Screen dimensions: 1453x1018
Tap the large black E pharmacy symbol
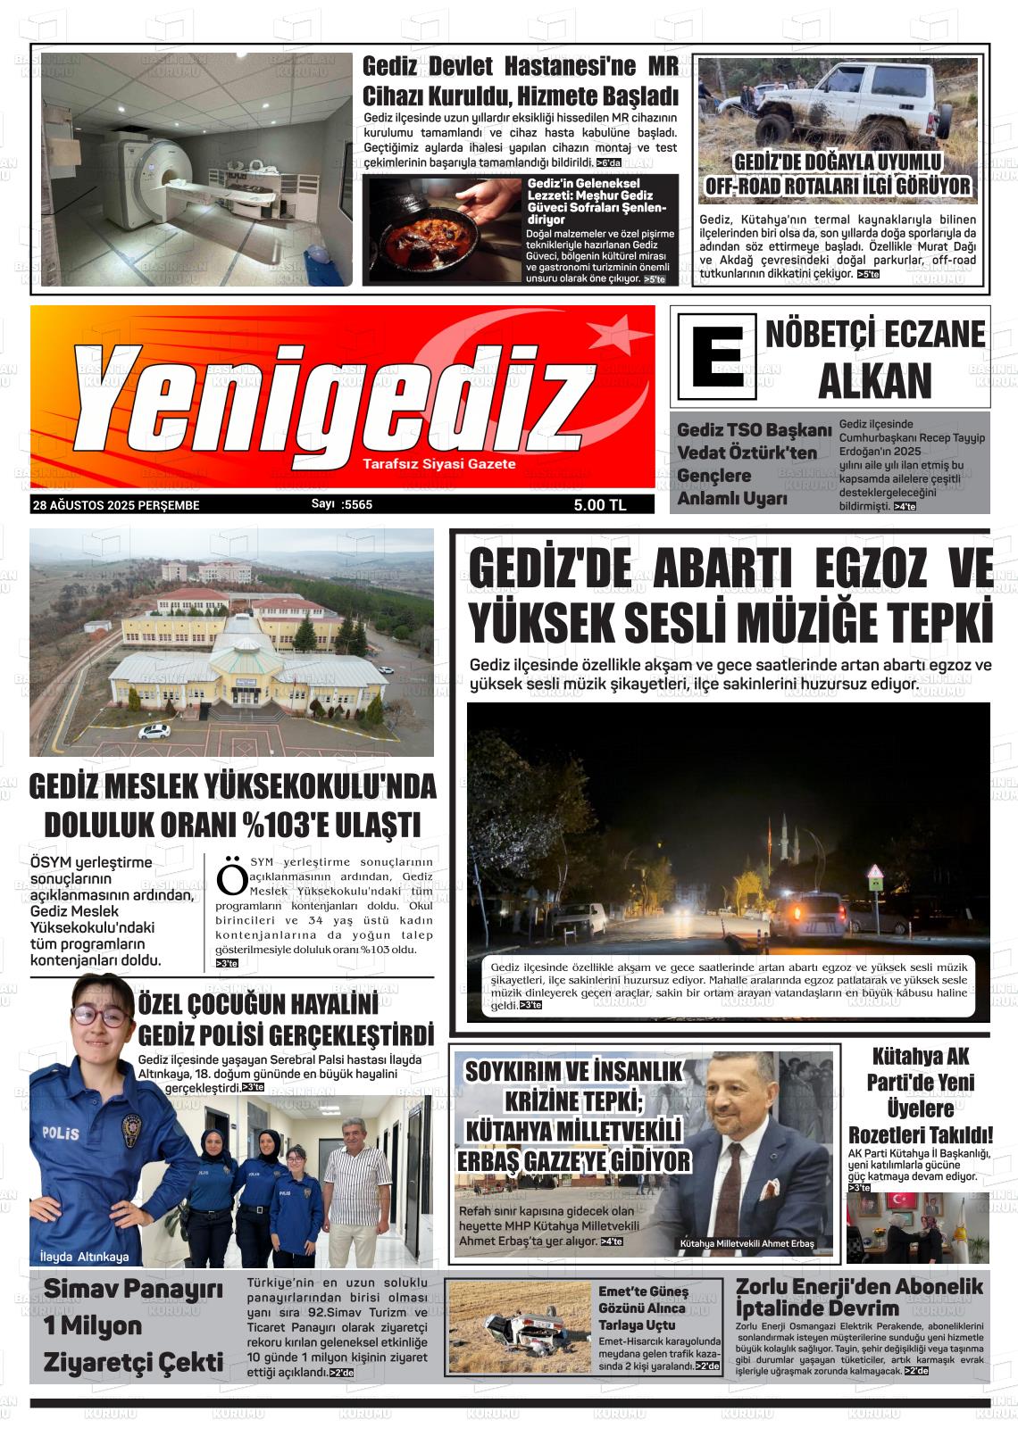(716, 362)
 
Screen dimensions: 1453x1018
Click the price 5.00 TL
(600, 505)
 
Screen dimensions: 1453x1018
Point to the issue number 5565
(357, 504)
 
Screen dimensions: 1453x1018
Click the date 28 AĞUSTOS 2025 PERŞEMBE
(116, 505)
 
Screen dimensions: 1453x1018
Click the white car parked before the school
(154, 731)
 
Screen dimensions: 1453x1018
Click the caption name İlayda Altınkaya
(84, 1257)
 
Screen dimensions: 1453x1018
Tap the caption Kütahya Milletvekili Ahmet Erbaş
(747, 1243)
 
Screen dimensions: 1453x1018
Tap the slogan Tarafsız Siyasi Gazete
(438, 464)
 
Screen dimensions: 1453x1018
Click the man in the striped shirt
(356, 1187)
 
